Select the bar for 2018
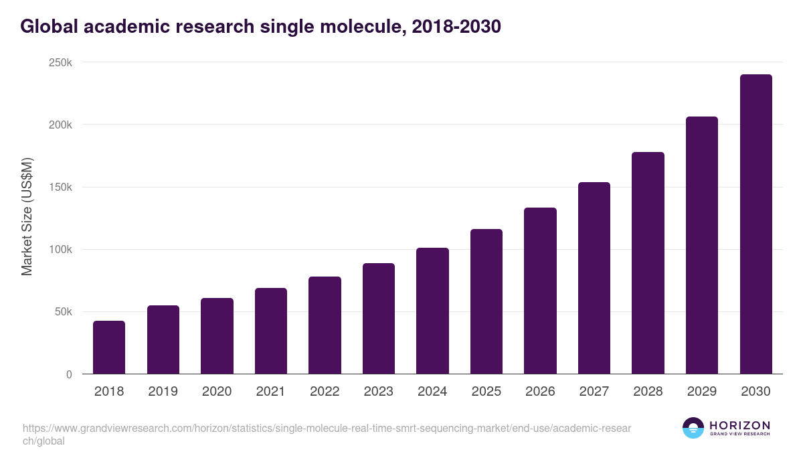pos(109,348)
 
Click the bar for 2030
pos(755,224)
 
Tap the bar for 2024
pos(432,311)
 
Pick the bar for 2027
pos(594,278)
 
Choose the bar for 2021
pos(271,331)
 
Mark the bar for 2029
pos(702,245)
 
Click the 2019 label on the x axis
pos(163,392)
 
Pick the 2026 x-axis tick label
pos(540,392)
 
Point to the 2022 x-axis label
pos(325,392)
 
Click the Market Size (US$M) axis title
pos(27,216)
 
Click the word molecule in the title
pos(347,27)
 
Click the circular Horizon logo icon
pos(693,428)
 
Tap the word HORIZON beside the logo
pos(739,425)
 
